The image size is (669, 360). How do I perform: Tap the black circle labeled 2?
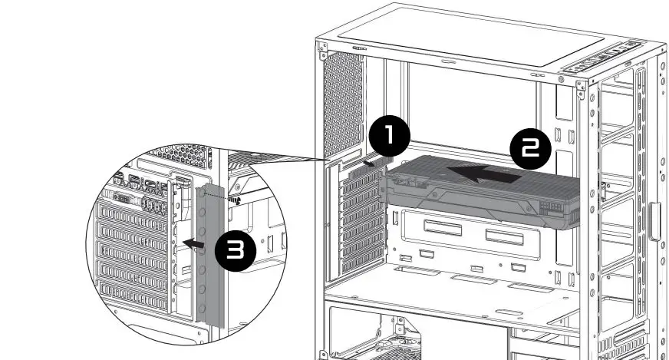530,150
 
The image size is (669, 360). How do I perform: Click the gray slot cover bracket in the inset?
211,253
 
